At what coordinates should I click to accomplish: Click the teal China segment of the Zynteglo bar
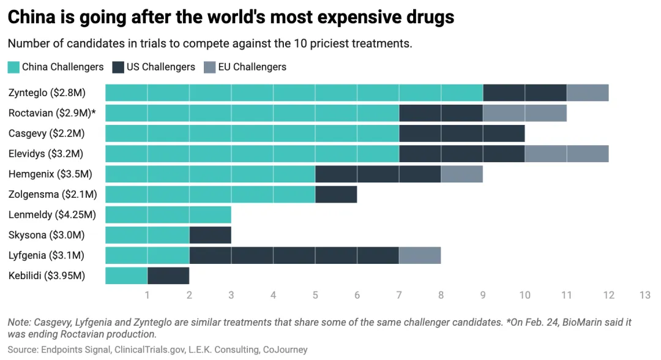pyautogui.click(x=294, y=93)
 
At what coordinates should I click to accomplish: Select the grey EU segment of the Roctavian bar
pyautogui.click(x=525, y=113)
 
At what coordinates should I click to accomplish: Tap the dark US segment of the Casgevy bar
pyautogui.click(x=461, y=133)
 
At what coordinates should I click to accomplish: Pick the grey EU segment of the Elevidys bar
pyautogui.click(x=566, y=154)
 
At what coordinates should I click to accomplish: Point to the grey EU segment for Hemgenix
pyautogui.click(x=461, y=174)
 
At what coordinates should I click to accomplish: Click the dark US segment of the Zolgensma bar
pyautogui.click(x=335, y=195)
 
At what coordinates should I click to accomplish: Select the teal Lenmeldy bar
pyautogui.click(x=168, y=215)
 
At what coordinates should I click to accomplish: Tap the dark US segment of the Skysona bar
pyautogui.click(x=210, y=235)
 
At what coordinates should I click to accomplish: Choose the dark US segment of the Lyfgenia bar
pyautogui.click(x=294, y=255)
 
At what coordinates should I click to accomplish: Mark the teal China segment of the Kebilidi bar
pyautogui.click(x=126, y=276)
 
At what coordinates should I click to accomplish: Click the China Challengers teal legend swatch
pyautogui.click(x=13, y=67)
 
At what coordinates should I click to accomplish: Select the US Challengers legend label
pyautogui.click(x=160, y=67)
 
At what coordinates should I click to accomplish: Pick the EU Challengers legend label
pyautogui.click(x=252, y=67)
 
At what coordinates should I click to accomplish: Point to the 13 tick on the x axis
pyautogui.click(x=644, y=295)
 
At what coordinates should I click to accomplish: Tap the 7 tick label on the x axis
pyautogui.click(x=399, y=295)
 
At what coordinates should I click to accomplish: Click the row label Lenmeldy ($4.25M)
pyautogui.click(x=52, y=215)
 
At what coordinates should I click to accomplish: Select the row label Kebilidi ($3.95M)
pyautogui.click(x=47, y=276)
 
